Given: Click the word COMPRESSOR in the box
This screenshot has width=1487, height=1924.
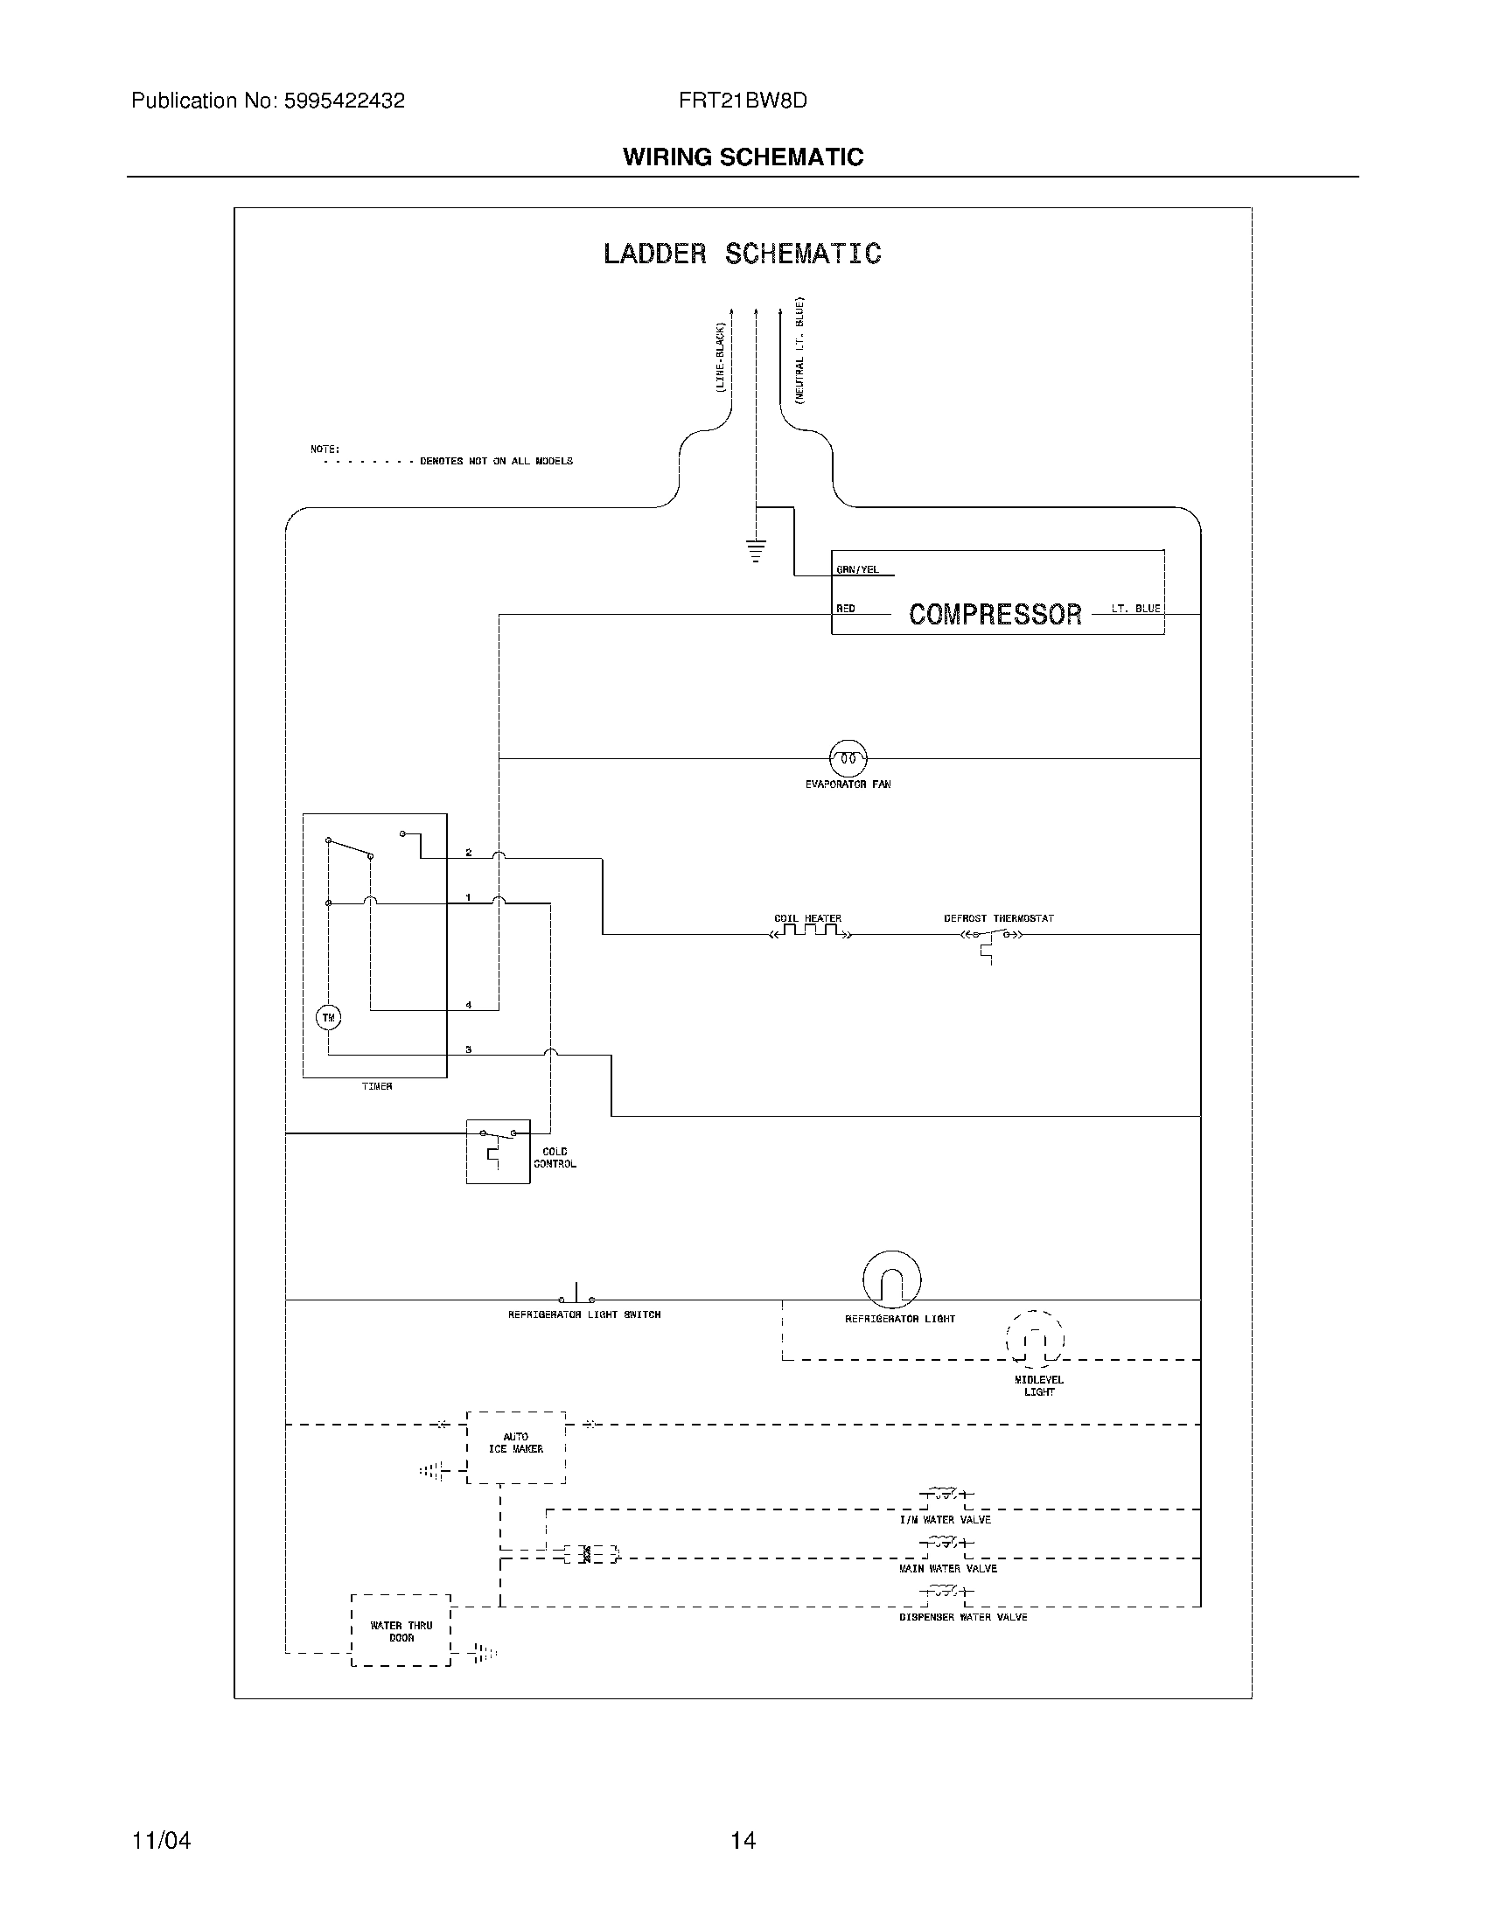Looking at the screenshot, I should [x=995, y=614].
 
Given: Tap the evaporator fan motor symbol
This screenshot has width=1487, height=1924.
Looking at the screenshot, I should [x=848, y=757].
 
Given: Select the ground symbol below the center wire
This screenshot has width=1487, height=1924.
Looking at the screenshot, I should [x=756, y=551].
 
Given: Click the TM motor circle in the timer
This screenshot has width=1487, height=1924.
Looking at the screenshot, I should [x=329, y=1017].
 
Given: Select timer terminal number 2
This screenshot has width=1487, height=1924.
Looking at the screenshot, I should [x=469, y=852].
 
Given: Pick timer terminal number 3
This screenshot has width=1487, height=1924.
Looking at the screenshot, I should [x=469, y=1049].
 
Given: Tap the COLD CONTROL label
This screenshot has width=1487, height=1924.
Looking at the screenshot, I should [x=555, y=1158].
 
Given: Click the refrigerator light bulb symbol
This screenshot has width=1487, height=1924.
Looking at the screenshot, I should [x=891, y=1279].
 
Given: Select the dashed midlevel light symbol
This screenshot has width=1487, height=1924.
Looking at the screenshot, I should [x=1035, y=1341].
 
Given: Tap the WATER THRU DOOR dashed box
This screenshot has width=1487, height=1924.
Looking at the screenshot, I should [x=401, y=1631].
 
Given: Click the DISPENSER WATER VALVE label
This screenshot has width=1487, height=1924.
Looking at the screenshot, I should [x=963, y=1617].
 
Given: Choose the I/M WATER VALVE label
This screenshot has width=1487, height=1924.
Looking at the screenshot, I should [x=945, y=1520].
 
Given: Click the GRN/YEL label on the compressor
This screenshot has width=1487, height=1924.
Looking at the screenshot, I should [x=857, y=570].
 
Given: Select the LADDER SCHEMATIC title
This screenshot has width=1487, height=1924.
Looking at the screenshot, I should [x=742, y=254].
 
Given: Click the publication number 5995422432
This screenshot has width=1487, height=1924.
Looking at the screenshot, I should [x=344, y=101].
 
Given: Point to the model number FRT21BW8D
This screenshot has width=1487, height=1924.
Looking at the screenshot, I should [x=743, y=101].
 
